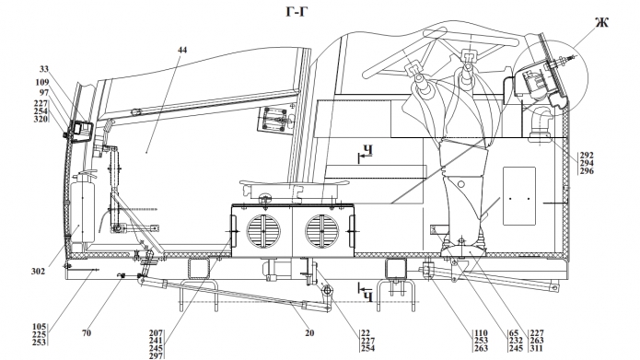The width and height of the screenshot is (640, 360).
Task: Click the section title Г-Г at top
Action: click(x=296, y=12)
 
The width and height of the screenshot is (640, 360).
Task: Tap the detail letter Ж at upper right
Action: click(x=601, y=22)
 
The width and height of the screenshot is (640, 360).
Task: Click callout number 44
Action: click(x=182, y=50)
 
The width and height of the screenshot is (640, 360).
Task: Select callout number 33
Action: click(x=44, y=68)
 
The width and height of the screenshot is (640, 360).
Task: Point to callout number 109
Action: click(x=42, y=83)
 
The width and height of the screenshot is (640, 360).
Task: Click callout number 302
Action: click(x=39, y=271)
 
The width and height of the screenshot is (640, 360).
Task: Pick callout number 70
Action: click(x=87, y=333)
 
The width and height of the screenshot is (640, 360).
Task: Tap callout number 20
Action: click(x=309, y=333)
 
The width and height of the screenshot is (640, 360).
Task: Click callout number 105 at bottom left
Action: click(x=40, y=327)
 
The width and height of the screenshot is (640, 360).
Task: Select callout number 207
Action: click(x=156, y=333)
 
